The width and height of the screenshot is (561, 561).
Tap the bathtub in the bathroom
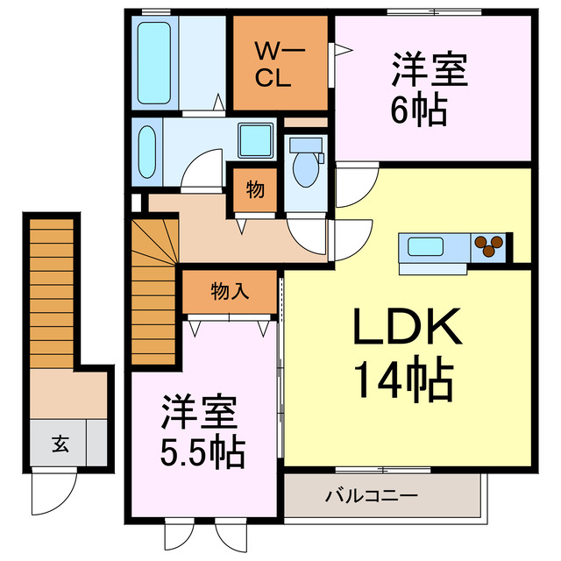point(154,63)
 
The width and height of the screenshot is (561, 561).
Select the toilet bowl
point(306,169)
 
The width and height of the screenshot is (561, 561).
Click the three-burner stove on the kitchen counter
point(488,246)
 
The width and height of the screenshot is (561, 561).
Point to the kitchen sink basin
point(425,247)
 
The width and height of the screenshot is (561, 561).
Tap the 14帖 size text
point(407,380)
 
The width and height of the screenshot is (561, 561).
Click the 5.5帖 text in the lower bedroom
point(202,453)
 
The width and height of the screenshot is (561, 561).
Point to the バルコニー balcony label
point(372,496)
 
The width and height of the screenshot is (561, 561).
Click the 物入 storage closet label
point(230,291)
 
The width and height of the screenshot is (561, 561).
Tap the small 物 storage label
point(255,189)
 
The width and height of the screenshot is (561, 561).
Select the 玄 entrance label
point(60,444)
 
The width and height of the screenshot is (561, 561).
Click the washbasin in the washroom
point(147,152)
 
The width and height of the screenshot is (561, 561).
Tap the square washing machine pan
point(255,140)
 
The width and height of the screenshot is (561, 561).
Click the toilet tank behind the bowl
point(306,145)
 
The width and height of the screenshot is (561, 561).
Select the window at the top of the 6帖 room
point(434,12)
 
